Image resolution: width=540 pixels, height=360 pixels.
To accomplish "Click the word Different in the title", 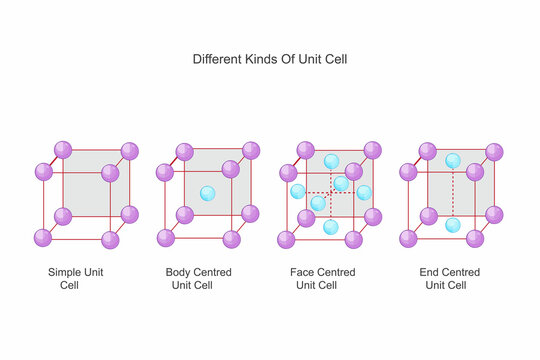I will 218,59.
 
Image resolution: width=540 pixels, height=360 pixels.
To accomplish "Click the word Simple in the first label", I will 65,271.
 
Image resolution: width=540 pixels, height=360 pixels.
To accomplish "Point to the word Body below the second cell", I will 180,271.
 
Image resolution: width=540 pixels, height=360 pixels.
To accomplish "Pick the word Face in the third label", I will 301,271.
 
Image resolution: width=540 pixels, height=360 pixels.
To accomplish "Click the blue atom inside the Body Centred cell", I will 207,194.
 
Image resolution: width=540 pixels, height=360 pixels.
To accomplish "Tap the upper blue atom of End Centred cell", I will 453,161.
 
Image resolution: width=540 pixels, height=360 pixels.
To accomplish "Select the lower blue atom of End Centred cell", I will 453,226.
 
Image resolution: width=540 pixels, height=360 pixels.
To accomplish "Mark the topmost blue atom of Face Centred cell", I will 332,161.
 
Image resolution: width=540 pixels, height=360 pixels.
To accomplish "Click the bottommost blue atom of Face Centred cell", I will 331,227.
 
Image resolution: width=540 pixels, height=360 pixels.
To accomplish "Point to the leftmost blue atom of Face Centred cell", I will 297,191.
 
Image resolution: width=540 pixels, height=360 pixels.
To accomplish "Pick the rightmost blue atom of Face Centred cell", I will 364,193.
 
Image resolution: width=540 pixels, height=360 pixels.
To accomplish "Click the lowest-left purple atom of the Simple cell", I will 42,238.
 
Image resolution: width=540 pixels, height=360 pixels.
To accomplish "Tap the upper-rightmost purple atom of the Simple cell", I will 129,151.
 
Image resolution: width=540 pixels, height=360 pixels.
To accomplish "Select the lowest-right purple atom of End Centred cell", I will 475,238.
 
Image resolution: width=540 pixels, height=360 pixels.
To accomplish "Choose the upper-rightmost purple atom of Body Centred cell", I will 250,151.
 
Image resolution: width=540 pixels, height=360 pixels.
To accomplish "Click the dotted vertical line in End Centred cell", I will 453,193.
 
